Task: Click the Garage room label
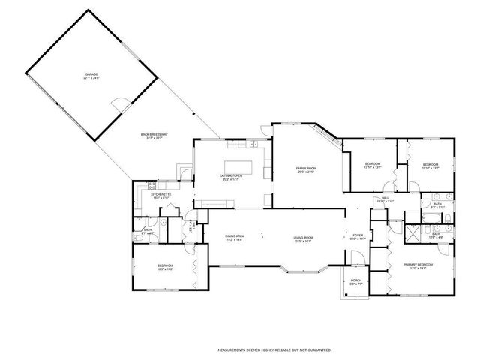point(91,75)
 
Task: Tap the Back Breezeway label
point(154,135)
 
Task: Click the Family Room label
point(306,169)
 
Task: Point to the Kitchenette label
point(161,194)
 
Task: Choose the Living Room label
point(303,238)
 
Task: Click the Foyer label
point(358,235)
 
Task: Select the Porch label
point(355,282)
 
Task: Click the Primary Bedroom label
point(418,265)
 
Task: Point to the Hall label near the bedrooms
point(384,199)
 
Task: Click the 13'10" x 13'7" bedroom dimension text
point(373,168)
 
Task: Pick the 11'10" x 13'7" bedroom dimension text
point(430,168)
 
